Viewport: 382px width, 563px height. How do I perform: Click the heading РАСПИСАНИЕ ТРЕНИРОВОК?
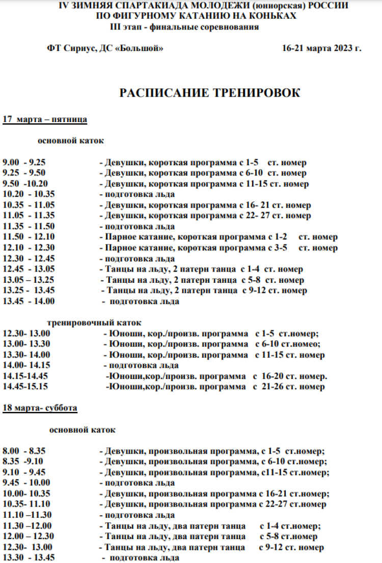209,93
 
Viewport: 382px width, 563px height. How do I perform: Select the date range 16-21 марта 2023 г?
321,48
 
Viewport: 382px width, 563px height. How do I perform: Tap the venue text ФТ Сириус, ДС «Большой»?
105,48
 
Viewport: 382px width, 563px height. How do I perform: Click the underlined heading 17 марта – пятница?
45,120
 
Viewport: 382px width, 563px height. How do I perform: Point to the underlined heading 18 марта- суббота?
40,408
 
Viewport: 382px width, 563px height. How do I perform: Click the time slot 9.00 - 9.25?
24,163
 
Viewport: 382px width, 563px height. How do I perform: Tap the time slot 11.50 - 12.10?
29,238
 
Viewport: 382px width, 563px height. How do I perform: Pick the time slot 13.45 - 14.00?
29,302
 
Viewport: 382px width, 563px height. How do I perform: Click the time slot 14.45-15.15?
25,387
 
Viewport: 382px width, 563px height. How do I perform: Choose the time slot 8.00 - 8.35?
24,451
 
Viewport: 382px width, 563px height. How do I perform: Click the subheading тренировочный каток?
94,322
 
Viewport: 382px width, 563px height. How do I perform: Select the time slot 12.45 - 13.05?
29,270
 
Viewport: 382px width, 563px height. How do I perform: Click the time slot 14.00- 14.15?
26,365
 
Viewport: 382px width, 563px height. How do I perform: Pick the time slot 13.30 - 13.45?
29,558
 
